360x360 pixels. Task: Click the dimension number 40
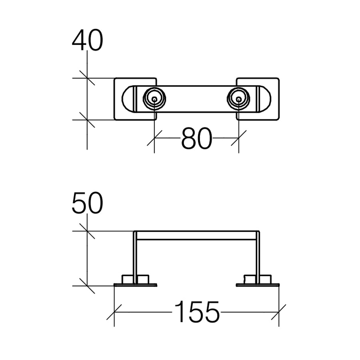[87, 41]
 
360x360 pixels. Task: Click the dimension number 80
[196, 139]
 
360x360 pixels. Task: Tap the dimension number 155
[197, 312]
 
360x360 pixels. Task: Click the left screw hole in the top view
[154, 98]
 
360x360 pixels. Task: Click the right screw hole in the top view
[239, 98]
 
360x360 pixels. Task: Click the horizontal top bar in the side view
[196, 235]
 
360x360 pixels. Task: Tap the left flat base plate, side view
[135, 285]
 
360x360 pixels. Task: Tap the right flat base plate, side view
[258, 285]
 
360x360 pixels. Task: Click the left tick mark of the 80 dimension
[154, 138]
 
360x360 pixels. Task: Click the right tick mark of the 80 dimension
[239, 138]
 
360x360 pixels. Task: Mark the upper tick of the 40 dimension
[87, 78]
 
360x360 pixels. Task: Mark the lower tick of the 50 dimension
[87, 286]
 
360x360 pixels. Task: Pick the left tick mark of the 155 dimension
[114, 312]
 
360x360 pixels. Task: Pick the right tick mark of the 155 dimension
[279, 312]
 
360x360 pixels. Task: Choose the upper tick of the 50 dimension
[87, 231]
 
